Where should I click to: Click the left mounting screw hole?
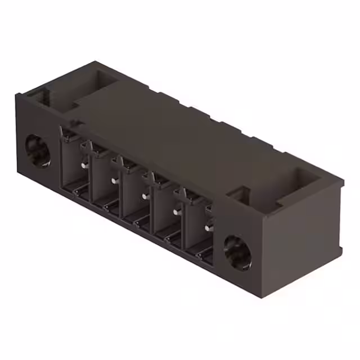38,151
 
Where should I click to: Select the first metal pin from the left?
84,165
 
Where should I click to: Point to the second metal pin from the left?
115,180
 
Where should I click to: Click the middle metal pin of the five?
146,196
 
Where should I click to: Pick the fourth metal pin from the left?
177,211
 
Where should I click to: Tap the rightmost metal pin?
208,227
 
